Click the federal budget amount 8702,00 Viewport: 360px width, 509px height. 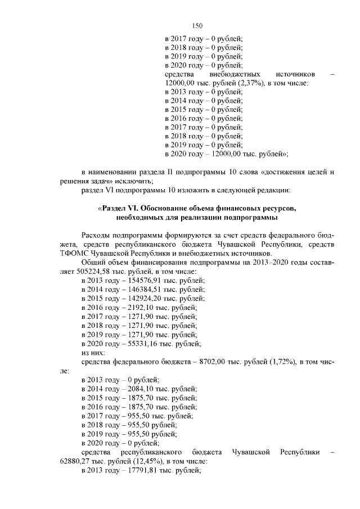[211, 361]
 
